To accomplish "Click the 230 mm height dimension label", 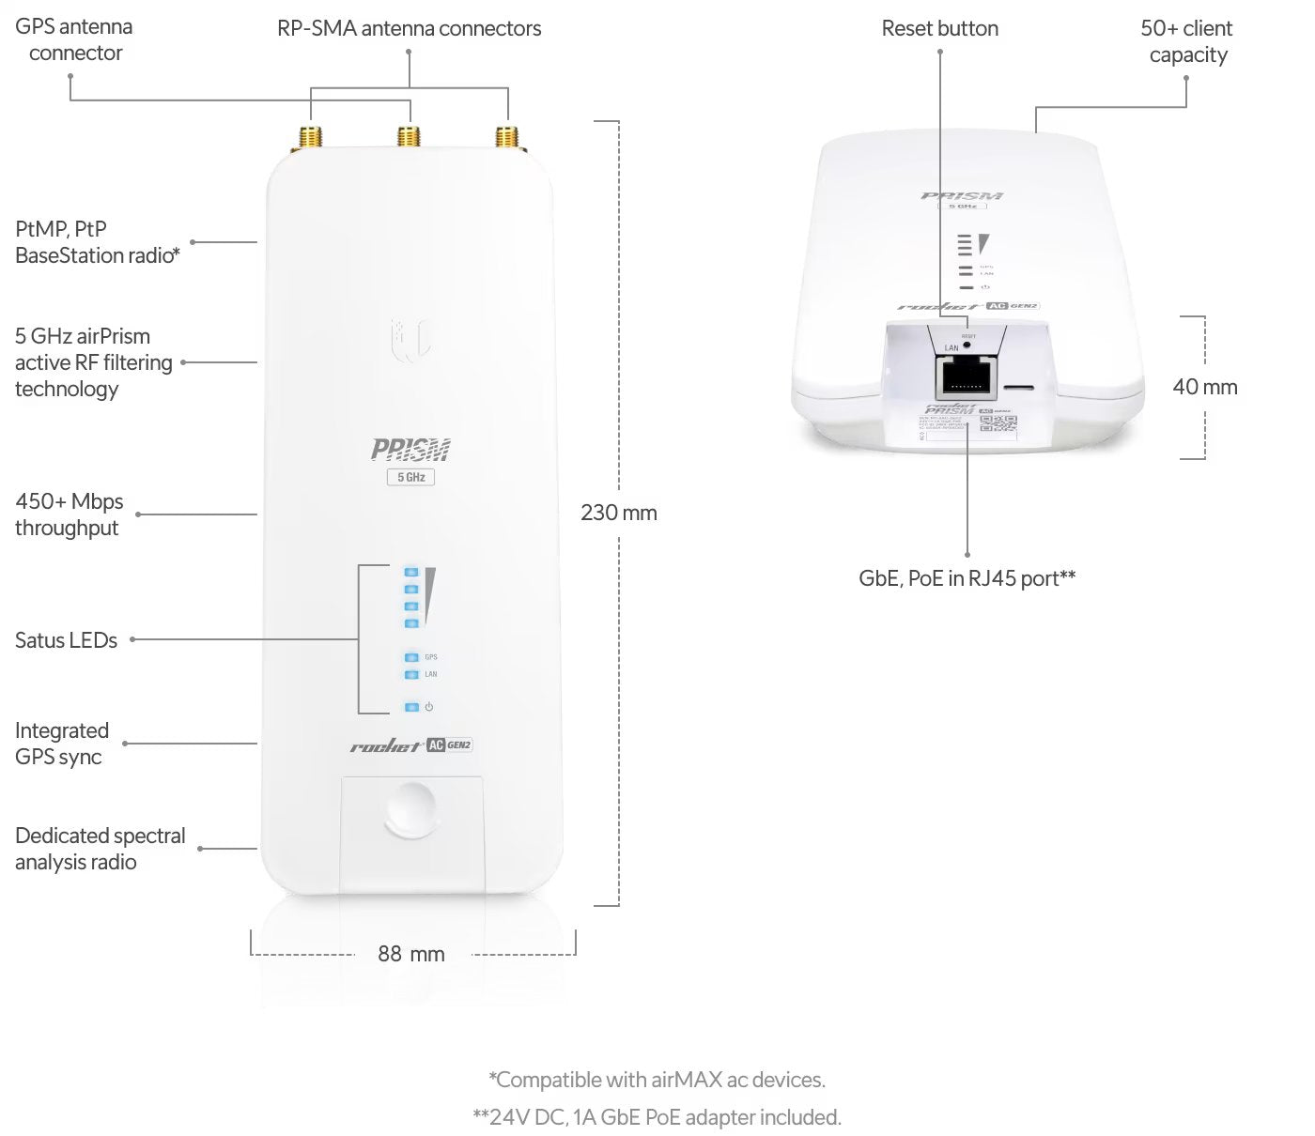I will pos(619,513).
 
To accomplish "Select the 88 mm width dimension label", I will pos(411,954).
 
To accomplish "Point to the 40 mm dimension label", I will pos(1205,387).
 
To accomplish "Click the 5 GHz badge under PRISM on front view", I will pos(410,477).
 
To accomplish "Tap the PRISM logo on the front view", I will pos(410,450).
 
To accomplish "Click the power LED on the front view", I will pos(410,707).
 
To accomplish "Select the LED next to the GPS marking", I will pos(410,657).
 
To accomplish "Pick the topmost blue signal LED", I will pos(410,572).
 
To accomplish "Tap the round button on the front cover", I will pos(411,809).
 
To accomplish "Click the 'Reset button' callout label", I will pos(939,29).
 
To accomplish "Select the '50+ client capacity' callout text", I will pos(1187,41).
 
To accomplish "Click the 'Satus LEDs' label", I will pos(66,640).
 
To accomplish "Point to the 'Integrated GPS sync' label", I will pos(62,744).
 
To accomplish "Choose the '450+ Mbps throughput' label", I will pos(69,514).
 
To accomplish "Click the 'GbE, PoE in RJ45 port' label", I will pos(967,578).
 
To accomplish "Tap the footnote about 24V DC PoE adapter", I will pos(657,1117).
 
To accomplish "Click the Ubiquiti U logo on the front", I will pos(410,339).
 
